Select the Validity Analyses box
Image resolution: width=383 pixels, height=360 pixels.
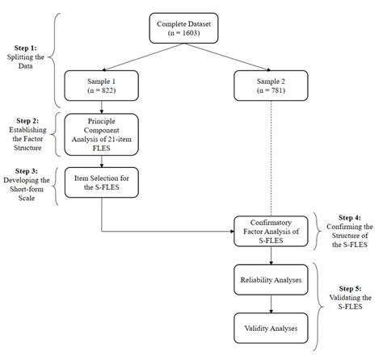point(270,329)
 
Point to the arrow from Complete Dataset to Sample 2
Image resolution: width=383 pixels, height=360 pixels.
point(230,58)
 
